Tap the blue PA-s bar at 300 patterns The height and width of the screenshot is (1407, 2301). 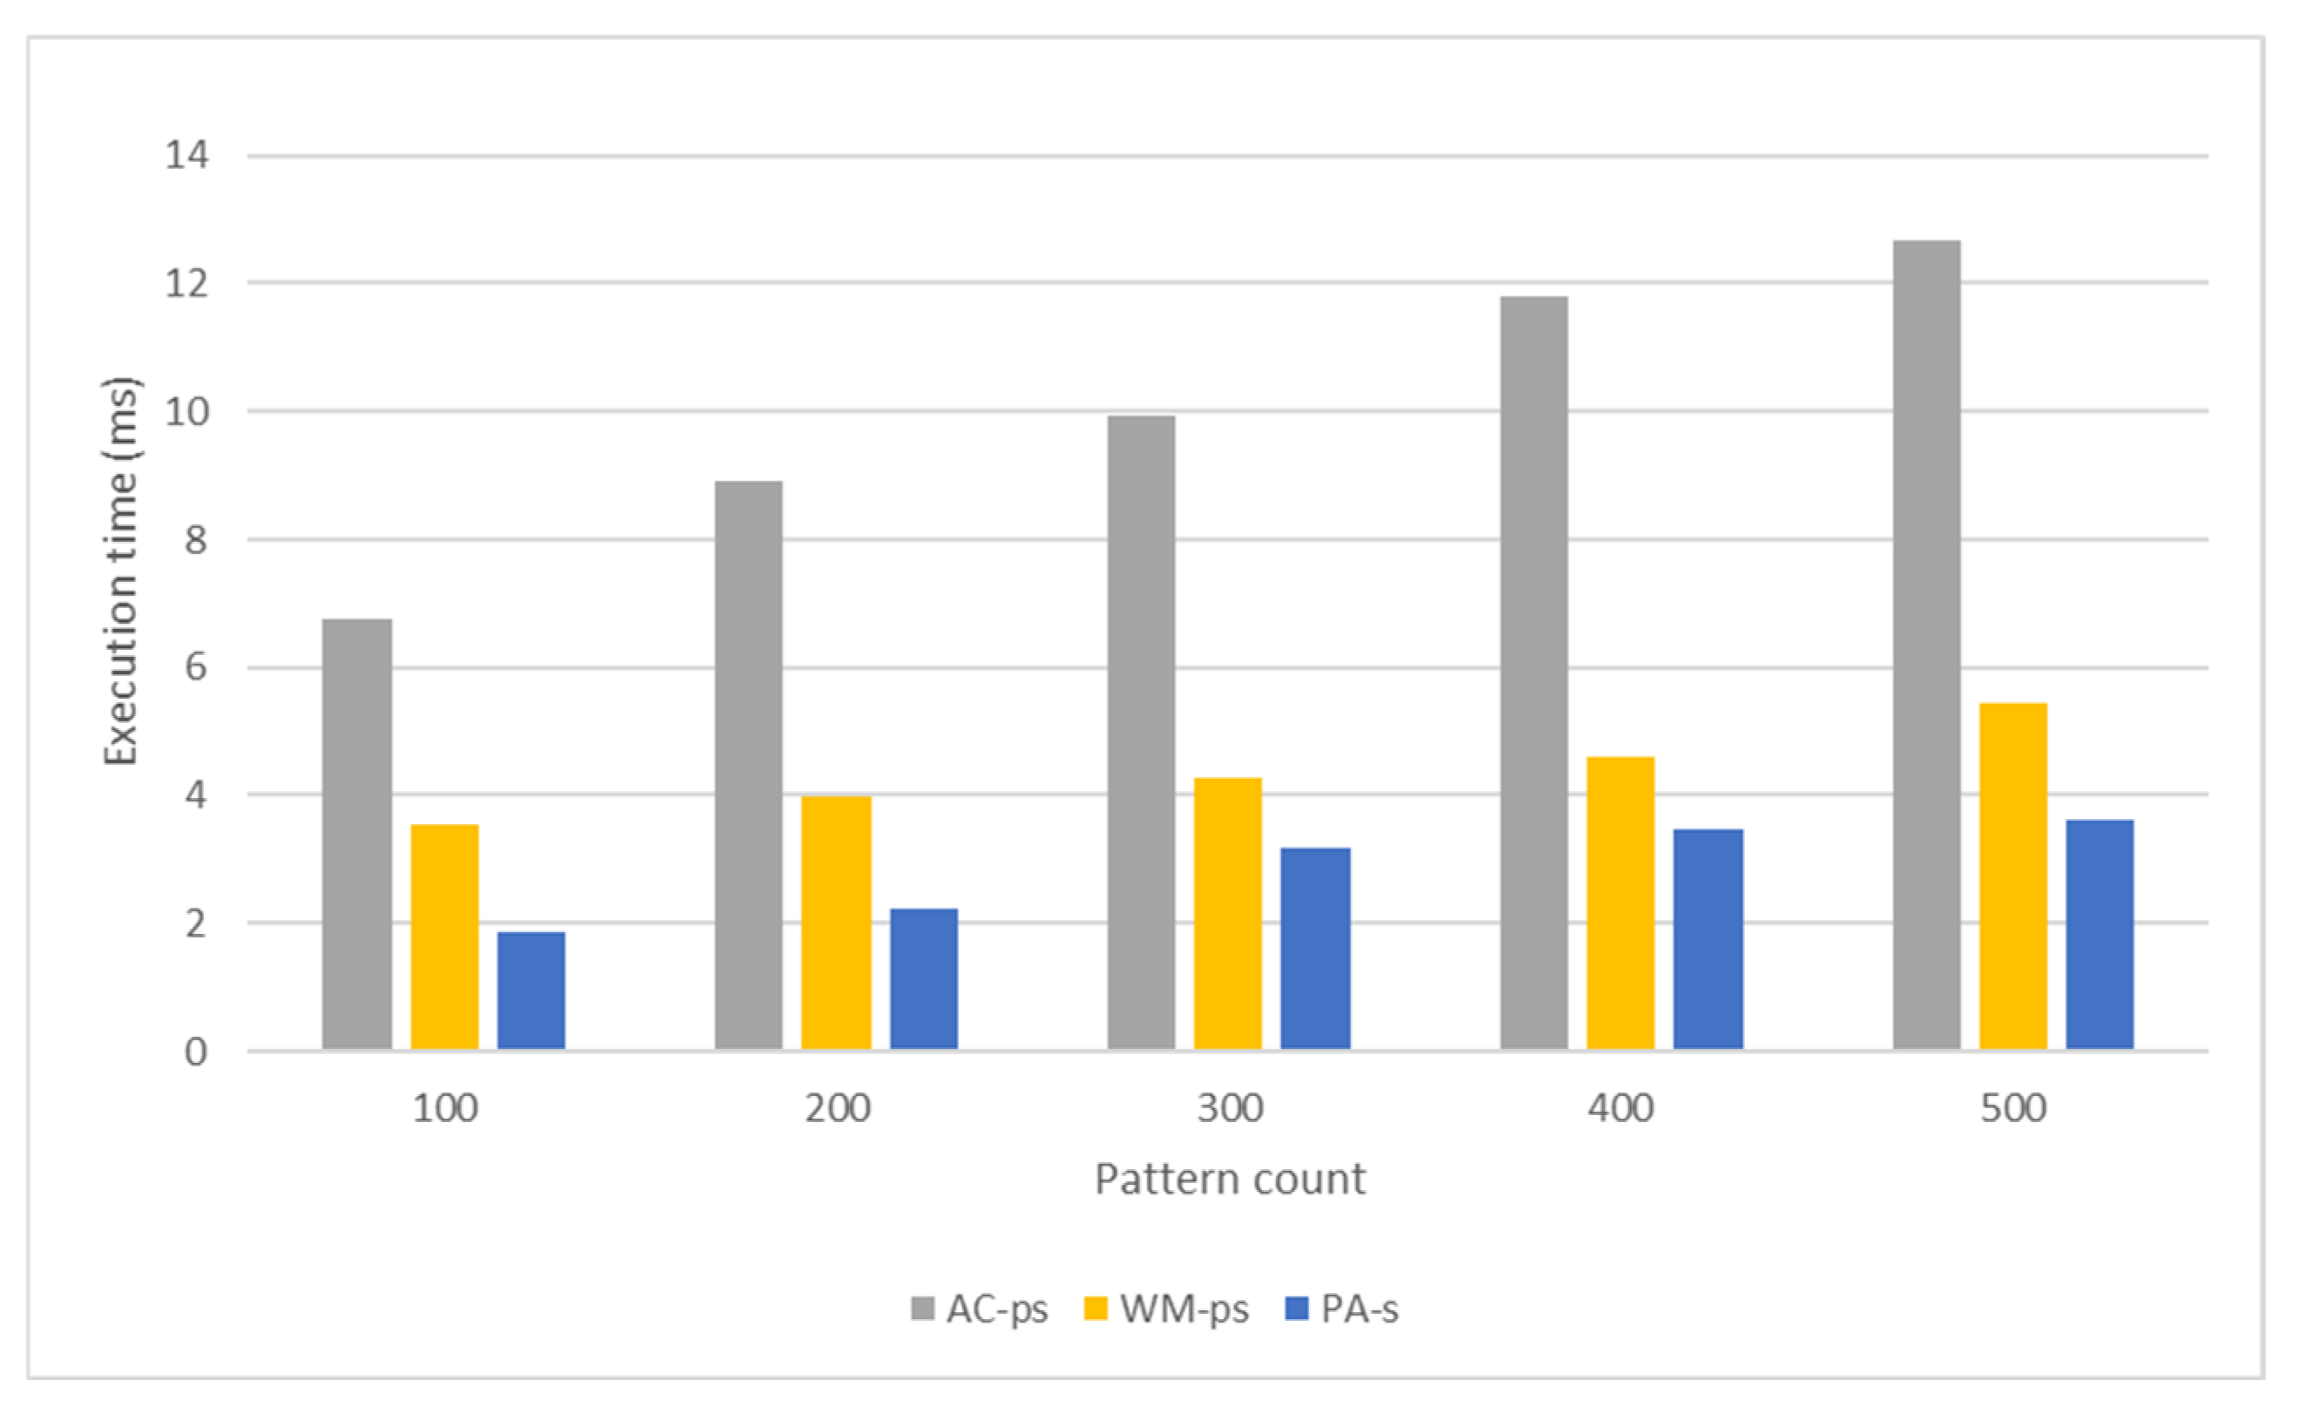[1315, 949]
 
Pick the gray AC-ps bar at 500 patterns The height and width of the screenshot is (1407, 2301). [1926, 644]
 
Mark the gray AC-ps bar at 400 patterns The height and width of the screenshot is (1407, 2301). [1534, 673]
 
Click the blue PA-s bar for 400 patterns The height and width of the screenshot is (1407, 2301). [1708, 939]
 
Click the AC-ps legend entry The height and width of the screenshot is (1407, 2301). [981, 1309]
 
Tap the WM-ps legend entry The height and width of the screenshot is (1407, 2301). [1167, 1309]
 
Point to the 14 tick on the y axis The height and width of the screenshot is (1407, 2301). [187, 155]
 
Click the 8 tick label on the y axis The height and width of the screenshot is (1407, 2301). [195, 539]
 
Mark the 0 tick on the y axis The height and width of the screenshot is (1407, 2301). [195, 1052]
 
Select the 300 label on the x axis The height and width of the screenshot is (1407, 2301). [1230, 1109]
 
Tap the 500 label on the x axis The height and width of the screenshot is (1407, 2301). [2013, 1109]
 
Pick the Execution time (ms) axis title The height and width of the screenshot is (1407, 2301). [121, 572]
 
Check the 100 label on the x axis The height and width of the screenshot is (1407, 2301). [445, 1109]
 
